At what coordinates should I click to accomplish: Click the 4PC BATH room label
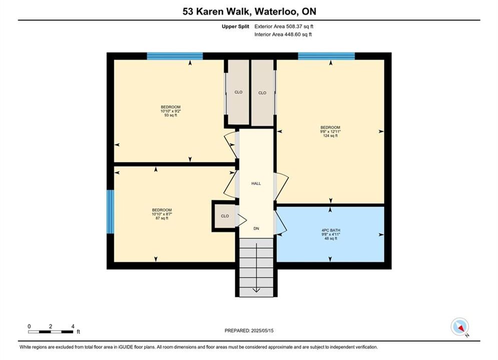[331, 230]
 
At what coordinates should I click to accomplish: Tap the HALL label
[256, 183]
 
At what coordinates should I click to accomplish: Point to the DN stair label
[256, 228]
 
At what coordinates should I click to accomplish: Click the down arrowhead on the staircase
[256, 290]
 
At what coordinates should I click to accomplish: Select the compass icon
[460, 327]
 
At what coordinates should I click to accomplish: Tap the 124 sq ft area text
[330, 136]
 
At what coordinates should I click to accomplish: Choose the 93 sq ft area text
[171, 115]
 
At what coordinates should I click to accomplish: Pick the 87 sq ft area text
[162, 218]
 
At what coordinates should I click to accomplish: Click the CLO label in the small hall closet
[225, 216]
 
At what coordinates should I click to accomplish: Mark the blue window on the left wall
[110, 211]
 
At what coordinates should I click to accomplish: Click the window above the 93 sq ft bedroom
[175, 56]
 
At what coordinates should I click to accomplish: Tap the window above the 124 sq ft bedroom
[326, 56]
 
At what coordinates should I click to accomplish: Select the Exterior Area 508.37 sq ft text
[284, 26]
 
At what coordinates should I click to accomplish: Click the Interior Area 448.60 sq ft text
[283, 34]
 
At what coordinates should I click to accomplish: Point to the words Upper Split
[235, 26]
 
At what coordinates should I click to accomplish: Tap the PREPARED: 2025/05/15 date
[249, 330]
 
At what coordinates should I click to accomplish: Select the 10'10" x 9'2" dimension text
[171, 111]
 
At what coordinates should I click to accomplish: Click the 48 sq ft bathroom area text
[331, 238]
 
